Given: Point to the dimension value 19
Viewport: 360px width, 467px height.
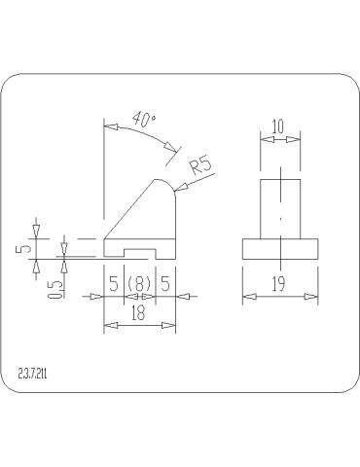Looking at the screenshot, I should point(280,284).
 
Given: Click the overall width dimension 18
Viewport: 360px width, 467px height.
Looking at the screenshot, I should point(139,312).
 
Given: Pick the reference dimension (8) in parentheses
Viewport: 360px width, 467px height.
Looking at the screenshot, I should point(139,284).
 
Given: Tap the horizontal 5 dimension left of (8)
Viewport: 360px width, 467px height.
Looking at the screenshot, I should point(114,284).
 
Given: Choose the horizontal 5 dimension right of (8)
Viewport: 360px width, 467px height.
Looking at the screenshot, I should point(164,284).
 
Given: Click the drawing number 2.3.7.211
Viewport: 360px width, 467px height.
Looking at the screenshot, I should point(35,373).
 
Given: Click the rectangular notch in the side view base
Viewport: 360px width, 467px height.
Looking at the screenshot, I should point(139,254).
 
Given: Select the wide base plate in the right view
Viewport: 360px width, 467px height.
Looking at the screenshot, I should point(280,249).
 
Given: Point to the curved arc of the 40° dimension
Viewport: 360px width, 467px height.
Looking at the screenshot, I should point(146,134).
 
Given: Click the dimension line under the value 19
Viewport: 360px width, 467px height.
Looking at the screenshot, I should point(280,296).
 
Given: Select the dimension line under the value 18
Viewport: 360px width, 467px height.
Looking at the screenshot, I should point(139,324).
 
